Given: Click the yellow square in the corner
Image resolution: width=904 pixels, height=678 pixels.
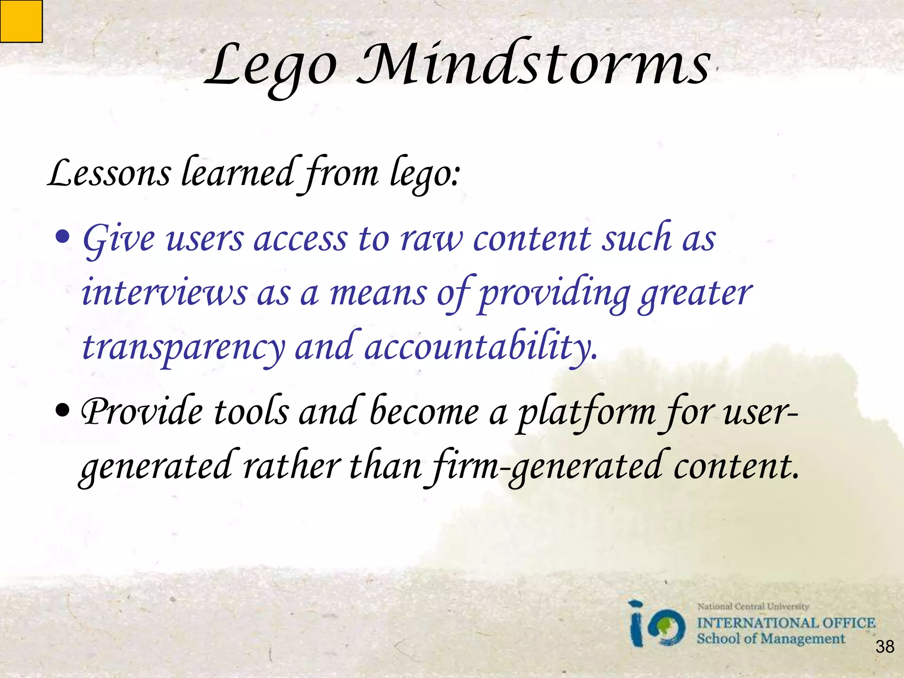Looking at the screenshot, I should [21, 21].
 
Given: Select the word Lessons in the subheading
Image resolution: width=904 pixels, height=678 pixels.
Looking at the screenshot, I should [109, 173].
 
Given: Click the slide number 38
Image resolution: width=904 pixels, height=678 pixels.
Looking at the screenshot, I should [885, 647].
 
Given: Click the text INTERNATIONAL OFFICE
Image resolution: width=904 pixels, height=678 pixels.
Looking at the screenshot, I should [786, 623].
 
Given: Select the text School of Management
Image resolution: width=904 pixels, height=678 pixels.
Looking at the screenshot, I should [770, 639].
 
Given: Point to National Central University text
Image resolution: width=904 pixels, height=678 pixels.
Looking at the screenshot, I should [753, 606].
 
